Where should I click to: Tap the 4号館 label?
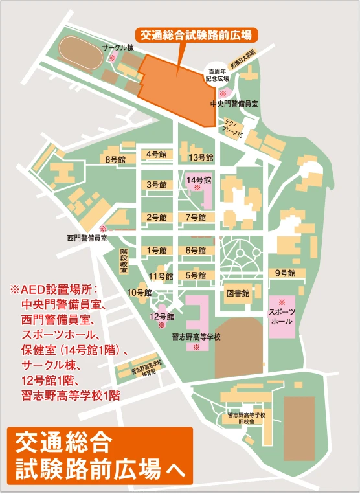pos(157,154)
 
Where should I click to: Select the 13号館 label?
pos(200,157)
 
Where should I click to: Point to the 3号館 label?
pos(157,185)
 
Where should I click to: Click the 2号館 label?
pos(157,218)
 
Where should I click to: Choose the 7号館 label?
pos(196,218)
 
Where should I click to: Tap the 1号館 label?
pos(157,250)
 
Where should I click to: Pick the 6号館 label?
pos(196,250)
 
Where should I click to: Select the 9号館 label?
pos(286,273)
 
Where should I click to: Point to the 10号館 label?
pos(139,293)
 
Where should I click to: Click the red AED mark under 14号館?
pos(197,187)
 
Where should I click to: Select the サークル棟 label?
pos(118,47)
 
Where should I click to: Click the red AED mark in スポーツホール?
pos(282,302)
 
